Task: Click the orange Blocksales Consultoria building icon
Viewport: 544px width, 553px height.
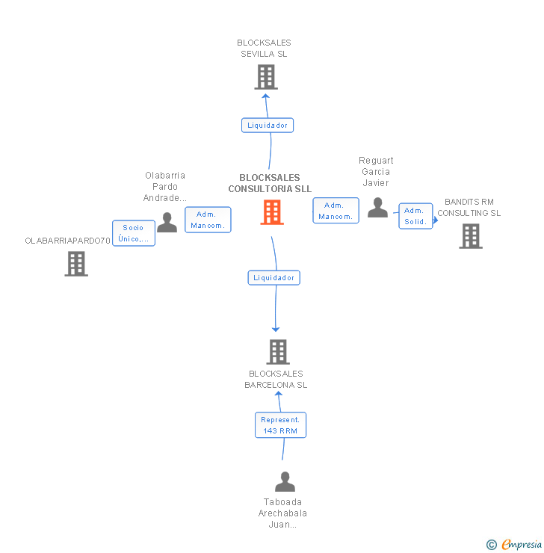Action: tap(272, 212)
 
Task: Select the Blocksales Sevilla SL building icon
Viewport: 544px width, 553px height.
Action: tap(266, 77)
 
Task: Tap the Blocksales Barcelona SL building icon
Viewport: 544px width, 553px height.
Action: tap(277, 351)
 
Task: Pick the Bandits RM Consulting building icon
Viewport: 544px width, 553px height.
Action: tap(470, 236)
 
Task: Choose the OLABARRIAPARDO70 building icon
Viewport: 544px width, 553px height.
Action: tap(76, 264)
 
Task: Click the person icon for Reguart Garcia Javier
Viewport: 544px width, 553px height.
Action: tap(377, 208)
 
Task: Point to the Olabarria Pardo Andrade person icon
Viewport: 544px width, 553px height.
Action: tap(167, 222)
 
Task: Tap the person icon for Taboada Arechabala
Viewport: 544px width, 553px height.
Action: tap(285, 482)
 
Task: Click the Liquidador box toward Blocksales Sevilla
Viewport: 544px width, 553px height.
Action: tap(267, 126)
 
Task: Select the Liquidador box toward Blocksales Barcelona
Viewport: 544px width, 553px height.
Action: tap(274, 278)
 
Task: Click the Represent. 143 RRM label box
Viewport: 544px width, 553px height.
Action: tap(280, 425)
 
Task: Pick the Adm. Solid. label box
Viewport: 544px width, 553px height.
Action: tap(415, 216)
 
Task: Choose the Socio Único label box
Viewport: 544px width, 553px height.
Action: tap(134, 233)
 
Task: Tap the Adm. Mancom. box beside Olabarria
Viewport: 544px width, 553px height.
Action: tap(208, 220)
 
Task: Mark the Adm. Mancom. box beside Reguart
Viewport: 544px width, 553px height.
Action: tap(336, 211)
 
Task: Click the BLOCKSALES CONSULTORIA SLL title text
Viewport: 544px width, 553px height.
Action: tap(270, 183)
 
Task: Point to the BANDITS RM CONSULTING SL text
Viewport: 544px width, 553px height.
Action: tap(469, 208)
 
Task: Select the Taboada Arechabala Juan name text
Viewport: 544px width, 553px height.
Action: tap(282, 513)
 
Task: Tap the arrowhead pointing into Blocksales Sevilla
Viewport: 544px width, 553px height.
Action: tap(265, 94)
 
